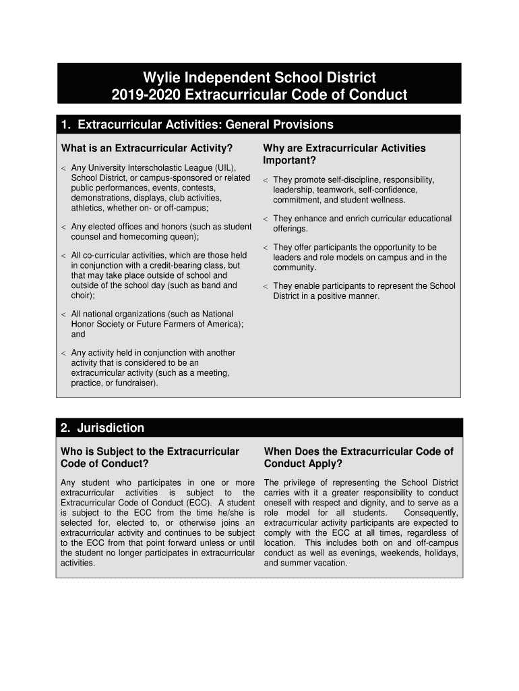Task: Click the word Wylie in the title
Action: point(156,77)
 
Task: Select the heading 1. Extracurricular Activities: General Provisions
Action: point(196,125)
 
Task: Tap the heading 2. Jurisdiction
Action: point(102,428)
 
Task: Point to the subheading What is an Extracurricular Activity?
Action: point(147,148)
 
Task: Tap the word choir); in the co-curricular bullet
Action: point(83,295)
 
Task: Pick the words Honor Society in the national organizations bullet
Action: point(98,324)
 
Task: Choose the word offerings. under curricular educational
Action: point(291,229)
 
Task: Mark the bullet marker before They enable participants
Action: point(266,287)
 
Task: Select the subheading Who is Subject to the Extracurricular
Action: point(150,451)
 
